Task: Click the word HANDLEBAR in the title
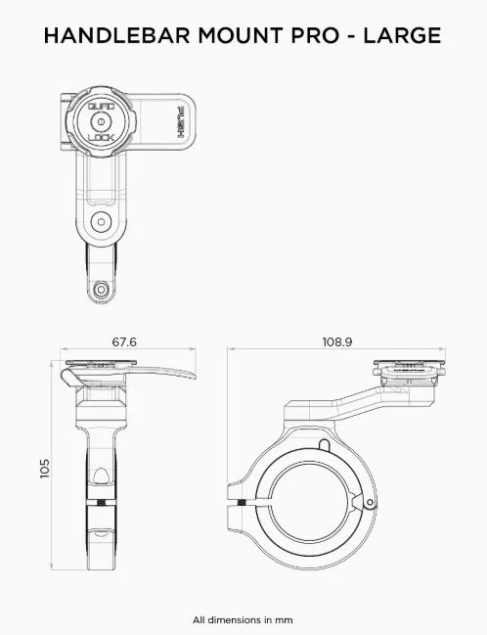click(117, 35)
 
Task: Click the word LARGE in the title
click(402, 35)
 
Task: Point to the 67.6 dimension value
click(124, 342)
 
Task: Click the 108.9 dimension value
click(337, 342)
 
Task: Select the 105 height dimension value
click(45, 469)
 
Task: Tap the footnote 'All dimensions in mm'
click(243, 620)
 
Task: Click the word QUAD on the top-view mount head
click(101, 107)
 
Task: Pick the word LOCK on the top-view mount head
click(101, 138)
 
